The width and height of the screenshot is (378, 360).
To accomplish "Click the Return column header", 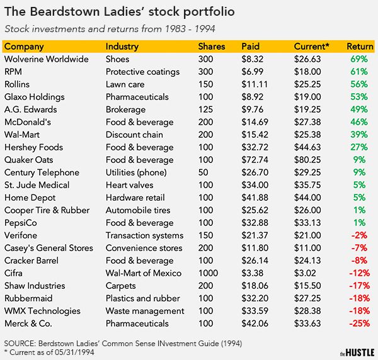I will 360,47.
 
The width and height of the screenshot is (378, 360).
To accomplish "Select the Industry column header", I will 122,47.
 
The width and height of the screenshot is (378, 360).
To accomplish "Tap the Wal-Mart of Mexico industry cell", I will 144,273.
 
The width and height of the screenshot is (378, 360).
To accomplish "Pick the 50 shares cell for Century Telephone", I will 203,172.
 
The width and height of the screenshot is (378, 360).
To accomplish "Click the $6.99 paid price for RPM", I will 253,72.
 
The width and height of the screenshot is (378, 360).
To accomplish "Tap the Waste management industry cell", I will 145,311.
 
